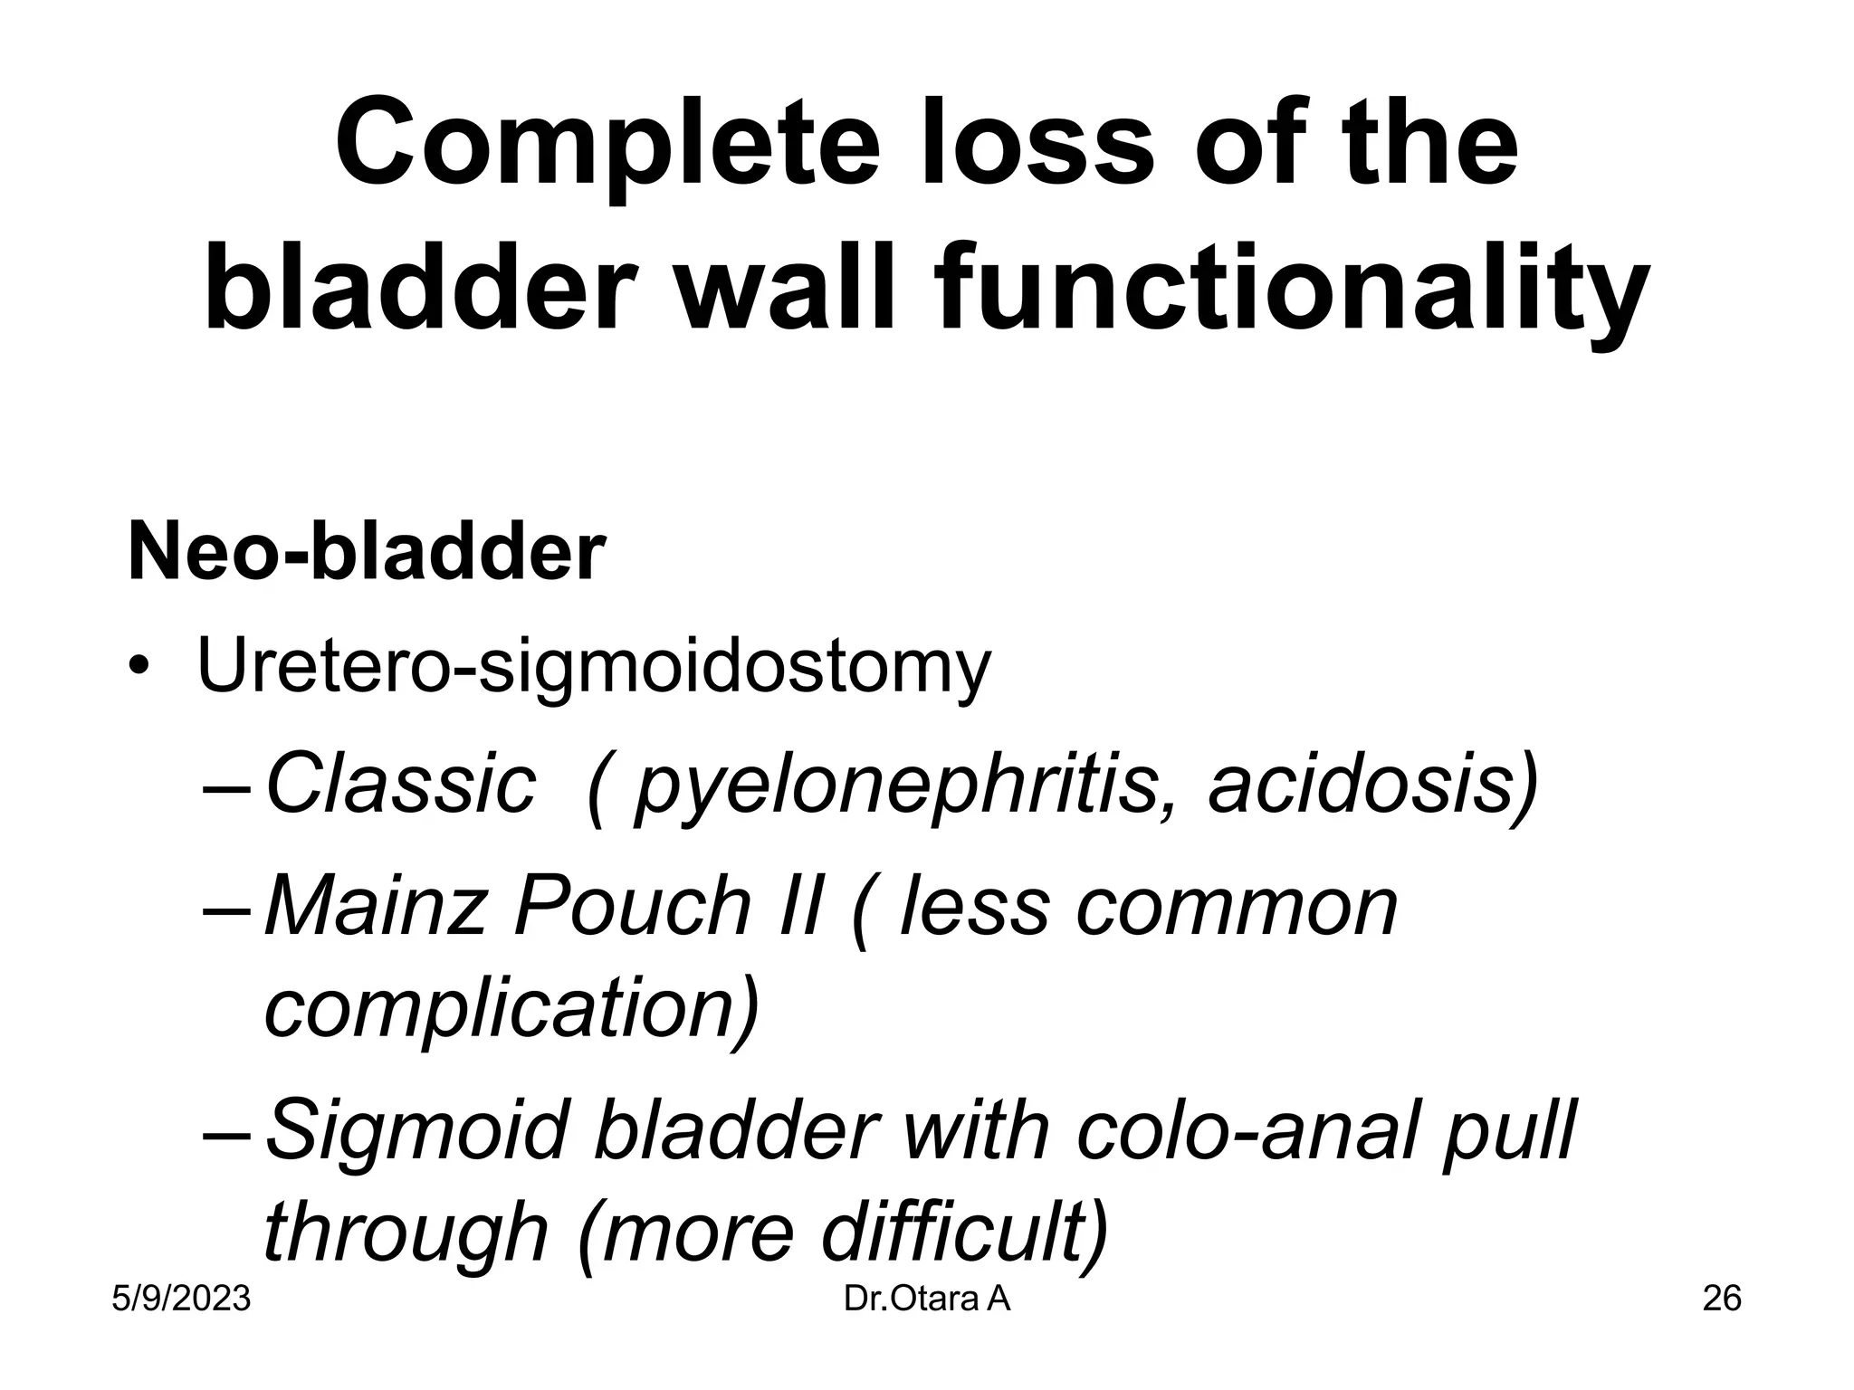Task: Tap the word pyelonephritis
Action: (896, 786)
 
